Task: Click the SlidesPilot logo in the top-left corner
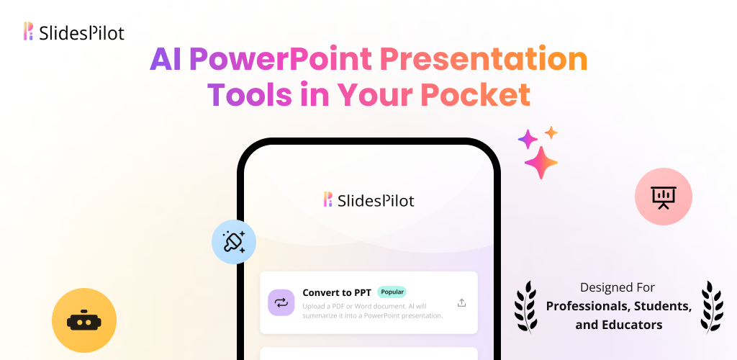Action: pos(74,32)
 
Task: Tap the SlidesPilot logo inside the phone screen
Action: pos(369,200)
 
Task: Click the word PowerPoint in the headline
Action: pos(281,60)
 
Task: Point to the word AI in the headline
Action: pos(166,60)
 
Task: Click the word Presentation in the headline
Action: pos(484,60)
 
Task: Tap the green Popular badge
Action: pos(392,292)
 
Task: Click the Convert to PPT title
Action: pos(337,292)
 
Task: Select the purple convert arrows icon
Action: pos(281,302)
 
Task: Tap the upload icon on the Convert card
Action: pos(461,302)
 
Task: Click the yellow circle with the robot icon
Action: pos(84,320)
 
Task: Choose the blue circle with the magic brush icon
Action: pos(234,242)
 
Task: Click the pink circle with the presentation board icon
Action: pos(663,197)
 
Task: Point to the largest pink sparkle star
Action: pos(541,163)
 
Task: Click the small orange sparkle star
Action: pos(551,133)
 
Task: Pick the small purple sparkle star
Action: pos(528,139)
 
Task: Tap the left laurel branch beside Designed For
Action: pos(526,307)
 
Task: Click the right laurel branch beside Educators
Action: pos(712,307)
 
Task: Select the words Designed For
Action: pos(617,287)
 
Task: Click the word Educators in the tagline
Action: pos(633,325)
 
